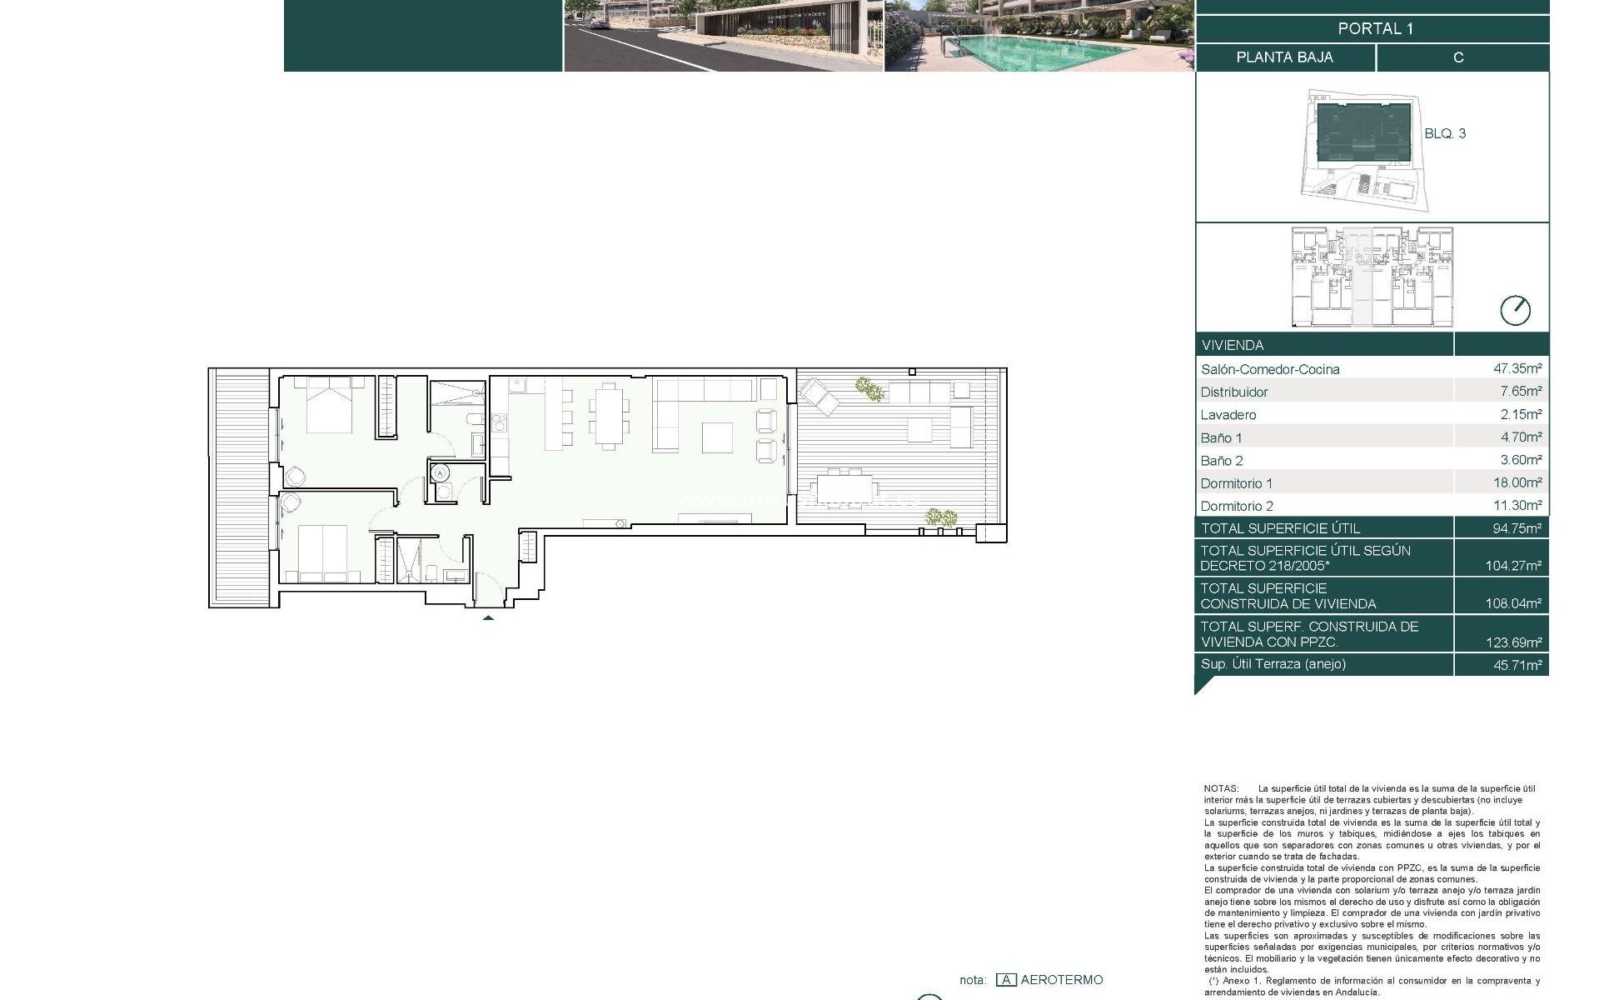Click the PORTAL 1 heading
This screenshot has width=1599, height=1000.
(1375, 28)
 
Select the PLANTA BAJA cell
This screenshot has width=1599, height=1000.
(1284, 57)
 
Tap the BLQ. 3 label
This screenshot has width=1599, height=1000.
(1445, 133)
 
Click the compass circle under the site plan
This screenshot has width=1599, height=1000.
(1515, 311)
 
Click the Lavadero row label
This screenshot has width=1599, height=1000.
(1228, 415)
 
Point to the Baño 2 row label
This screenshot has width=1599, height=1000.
(1222, 461)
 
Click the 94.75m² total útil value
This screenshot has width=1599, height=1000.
(1517, 528)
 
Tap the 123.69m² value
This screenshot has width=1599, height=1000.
(1513, 642)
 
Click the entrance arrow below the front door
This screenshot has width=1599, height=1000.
(488, 617)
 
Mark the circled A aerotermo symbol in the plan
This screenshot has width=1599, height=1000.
(441, 473)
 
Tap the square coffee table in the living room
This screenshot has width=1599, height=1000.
(717, 437)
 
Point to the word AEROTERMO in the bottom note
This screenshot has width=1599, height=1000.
(1061, 980)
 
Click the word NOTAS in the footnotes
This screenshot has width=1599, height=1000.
(1220, 788)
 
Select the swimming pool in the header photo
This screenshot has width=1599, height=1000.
(1041, 51)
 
